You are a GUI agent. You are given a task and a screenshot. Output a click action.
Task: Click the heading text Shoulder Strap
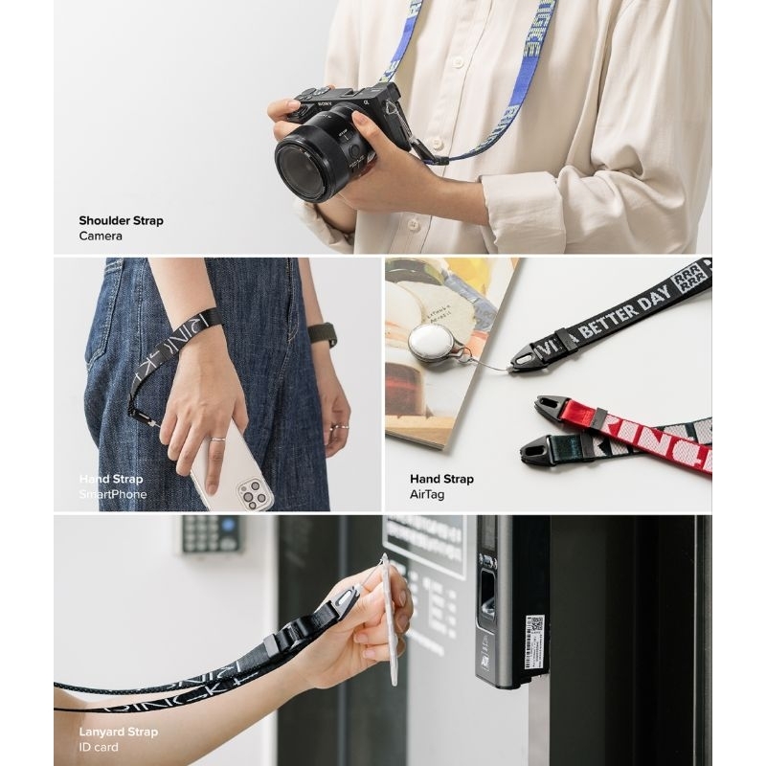pyautogui.click(x=121, y=220)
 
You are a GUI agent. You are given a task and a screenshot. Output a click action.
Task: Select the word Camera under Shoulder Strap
pyautogui.click(x=101, y=236)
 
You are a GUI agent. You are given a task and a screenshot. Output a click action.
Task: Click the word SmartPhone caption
pyautogui.click(x=113, y=494)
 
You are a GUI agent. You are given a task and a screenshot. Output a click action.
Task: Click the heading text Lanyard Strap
pyautogui.click(x=118, y=732)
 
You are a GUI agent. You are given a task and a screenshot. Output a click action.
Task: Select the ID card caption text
pyautogui.click(x=100, y=748)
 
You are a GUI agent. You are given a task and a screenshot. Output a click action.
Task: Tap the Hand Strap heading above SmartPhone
pyautogui.click(x=110, y=479)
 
